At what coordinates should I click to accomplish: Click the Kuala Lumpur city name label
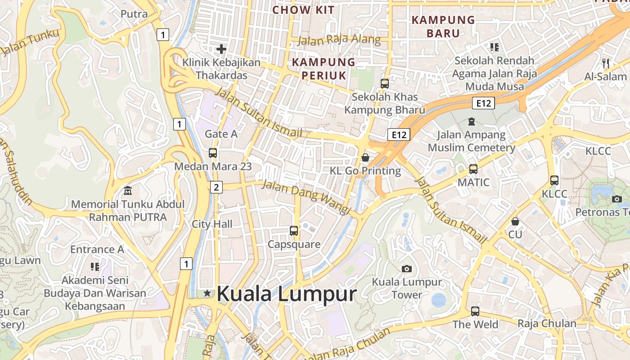(x=286, y=294)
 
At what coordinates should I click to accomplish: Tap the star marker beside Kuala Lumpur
(x=207, y=293)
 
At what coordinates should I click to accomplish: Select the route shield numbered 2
(x=216, y=187)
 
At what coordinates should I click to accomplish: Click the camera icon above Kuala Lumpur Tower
(x=407, y=269)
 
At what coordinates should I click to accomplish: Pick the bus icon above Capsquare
(x=294, y=231)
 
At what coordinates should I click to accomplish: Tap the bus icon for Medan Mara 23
(x=213, y=153)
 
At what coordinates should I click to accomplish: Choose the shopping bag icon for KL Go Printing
(x=365, y=157)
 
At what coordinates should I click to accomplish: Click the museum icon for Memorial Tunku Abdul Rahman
(x=128, y=191)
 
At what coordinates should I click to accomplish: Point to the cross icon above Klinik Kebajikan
(x=221, y=49)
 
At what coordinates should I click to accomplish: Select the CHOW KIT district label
(x=303, y=10)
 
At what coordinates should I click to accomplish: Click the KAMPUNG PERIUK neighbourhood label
(x=324, y=68)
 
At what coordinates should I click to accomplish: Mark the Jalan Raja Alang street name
(x=339, y=40)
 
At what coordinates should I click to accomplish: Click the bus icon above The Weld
(x=475, y=311)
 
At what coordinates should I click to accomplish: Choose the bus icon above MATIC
(x=473, y=169)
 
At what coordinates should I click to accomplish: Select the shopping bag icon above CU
(x=515, y=221)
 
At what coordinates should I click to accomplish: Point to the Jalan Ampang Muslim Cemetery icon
(x=471, y=121)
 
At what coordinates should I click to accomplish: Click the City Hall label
(x=212, y=224)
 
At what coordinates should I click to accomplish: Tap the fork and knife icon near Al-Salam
(x=606, y=63)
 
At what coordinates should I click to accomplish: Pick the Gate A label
(x=221, y=134)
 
